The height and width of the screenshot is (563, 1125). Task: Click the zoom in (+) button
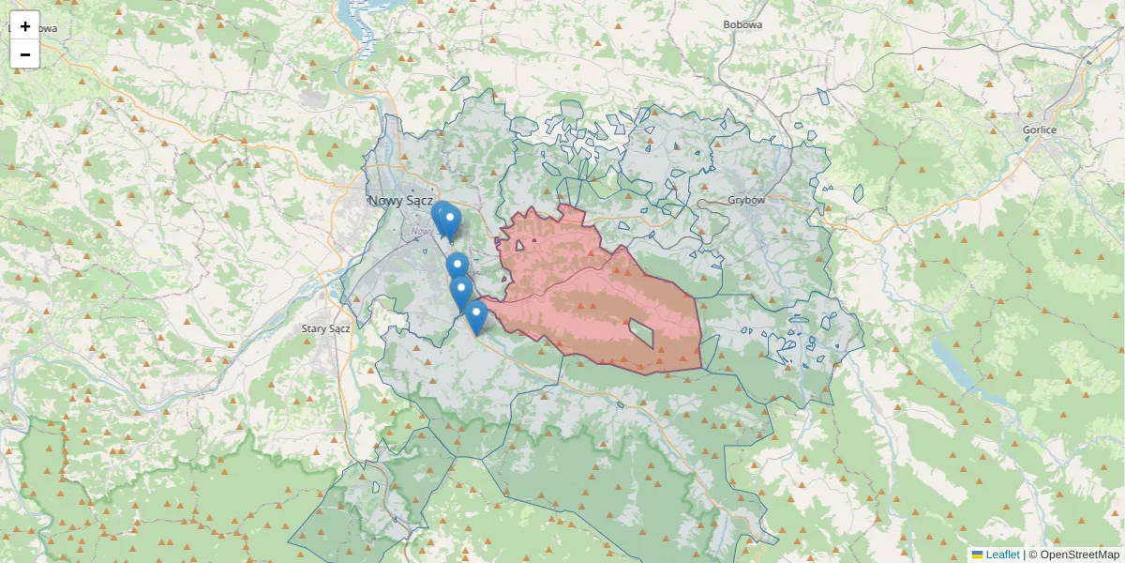(x=25, y=26)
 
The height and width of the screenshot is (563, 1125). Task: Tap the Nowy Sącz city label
(x=400, y=201)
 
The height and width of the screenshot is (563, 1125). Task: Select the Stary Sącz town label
(x=326, y=328)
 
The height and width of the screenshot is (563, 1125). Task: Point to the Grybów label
(x=747, y=200)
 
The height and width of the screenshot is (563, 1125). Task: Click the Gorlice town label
(x=1040, y=129)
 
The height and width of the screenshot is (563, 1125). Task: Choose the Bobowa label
(x=742, y=24)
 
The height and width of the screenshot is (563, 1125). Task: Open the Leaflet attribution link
(x=1002, y=555)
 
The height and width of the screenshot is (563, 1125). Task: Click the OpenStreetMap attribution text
(x=1079, y=555)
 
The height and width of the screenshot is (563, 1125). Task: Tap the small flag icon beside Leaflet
(x=977, y=555)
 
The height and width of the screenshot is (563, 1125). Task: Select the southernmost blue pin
(x=476, y=315)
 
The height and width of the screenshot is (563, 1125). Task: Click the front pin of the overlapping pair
(x=451, y=221)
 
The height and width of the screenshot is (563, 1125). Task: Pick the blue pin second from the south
(x=460, y=291)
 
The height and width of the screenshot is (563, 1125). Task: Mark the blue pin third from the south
(x=457, y=266)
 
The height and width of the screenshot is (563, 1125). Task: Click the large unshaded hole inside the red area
(x=642, y=331)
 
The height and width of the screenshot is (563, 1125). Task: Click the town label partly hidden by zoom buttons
(x=45, y=28)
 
